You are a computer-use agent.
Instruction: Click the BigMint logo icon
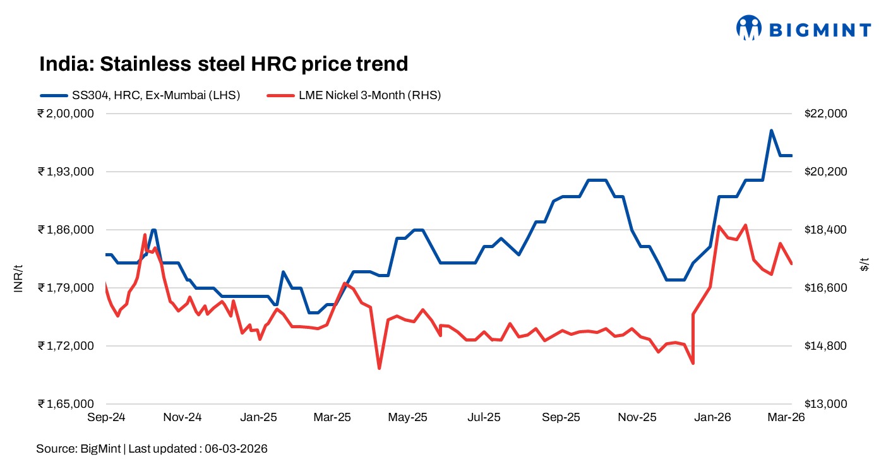tap(750, 28)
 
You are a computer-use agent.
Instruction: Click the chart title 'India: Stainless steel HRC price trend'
tap(224, 64)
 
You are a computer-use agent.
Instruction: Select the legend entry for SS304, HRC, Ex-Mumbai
tap(140, 95)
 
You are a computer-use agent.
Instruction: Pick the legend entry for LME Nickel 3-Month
tap(354, 95)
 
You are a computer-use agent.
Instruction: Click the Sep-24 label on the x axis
tap(106, 417)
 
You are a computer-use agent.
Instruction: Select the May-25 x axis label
tap(408, 417)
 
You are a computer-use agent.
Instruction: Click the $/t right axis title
tap(865, 264)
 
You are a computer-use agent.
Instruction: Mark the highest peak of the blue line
tap(771, 131)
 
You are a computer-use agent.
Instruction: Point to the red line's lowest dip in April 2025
tap(379, 368)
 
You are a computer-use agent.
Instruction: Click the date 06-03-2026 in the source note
tap(236, 449)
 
